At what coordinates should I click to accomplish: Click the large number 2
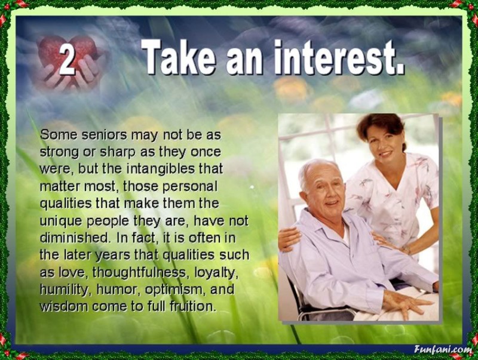pyautogui.click(x=67, y=60)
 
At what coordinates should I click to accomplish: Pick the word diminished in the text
pyautogui.click(x=75, y=238)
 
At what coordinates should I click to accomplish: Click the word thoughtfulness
pyautogui.click(x=139, y=272)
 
